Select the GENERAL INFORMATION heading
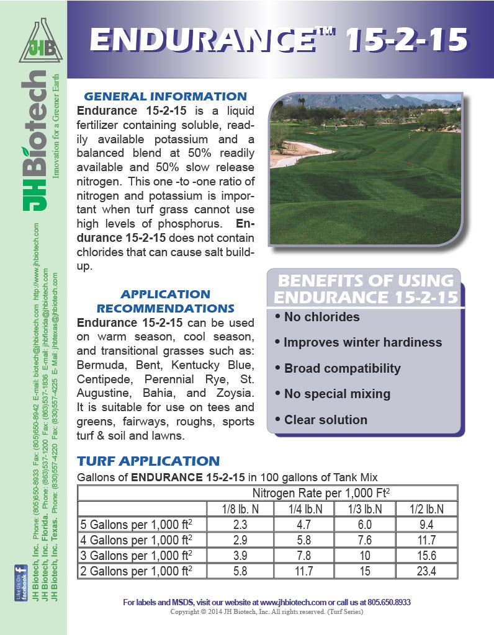(165, 96)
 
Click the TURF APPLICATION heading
(148, 461)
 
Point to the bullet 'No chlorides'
(321, 317)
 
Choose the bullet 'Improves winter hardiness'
(362, 342)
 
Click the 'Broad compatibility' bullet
(342, 368)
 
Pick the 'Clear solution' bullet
(325, 420)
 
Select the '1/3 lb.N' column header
(364, 509)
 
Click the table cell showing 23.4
(426, 571)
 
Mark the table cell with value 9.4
(426, 525)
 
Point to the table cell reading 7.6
(364, 540)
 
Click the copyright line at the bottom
(267, 611)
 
